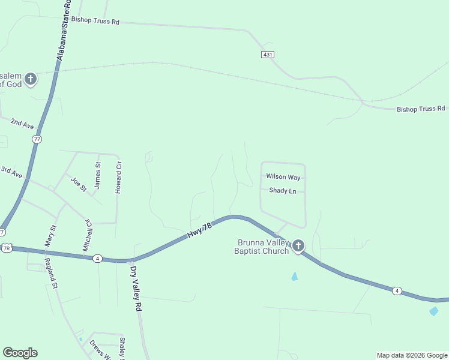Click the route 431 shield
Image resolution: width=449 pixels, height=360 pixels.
(268, 55)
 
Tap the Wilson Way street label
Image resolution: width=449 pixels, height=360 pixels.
(283, 177)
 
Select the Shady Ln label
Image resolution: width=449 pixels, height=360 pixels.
(283, 191)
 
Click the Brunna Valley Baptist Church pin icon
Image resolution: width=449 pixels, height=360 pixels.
(298, 245)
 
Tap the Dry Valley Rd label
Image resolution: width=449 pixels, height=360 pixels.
(136, 289)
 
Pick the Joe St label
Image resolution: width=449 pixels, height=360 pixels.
(79, 184)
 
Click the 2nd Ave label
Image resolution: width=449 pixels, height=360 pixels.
(22, 124)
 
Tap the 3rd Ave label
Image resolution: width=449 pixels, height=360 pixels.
(11, 172)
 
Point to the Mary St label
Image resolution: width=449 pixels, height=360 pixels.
(50, 236)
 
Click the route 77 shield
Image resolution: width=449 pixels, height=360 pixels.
(37, 139)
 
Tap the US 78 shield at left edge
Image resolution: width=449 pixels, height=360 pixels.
(6, 248)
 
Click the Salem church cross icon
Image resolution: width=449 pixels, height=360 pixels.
(31, 79)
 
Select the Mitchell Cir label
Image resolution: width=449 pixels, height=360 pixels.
(88, 235)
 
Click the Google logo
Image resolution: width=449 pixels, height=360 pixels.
(20, 353)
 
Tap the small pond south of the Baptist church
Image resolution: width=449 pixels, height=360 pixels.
(294, 276)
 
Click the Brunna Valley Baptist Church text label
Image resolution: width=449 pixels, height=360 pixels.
(262, 247)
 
